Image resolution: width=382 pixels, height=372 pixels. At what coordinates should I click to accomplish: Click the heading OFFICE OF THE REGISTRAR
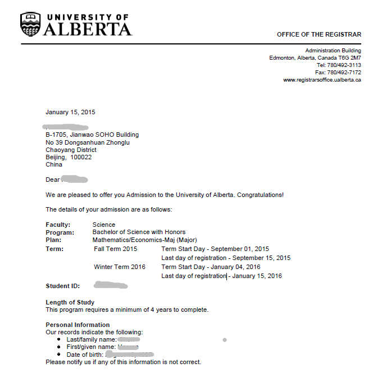[319, 35]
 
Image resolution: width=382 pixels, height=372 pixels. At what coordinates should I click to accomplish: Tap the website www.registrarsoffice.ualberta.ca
[322, 80]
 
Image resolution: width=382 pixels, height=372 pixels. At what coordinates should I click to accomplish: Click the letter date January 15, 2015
[70, 112]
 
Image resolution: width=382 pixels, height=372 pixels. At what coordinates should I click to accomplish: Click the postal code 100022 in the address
[81, 157]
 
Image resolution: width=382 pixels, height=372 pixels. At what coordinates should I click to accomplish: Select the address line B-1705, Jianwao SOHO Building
[92, 135]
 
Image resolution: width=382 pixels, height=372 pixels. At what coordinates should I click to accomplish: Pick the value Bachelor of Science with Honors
[139, 232]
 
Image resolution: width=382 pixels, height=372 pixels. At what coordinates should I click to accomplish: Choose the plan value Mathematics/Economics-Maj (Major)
[145, 240]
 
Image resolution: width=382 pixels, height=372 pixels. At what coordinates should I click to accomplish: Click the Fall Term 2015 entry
[116, 249]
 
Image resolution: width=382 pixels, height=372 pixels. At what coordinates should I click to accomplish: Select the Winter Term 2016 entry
[120, 267]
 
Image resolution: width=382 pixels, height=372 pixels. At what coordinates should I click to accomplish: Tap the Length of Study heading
[70, 302]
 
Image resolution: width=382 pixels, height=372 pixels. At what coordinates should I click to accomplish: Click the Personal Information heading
[78, 325]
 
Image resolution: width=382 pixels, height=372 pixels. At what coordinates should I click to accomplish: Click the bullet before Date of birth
[60, 355]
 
